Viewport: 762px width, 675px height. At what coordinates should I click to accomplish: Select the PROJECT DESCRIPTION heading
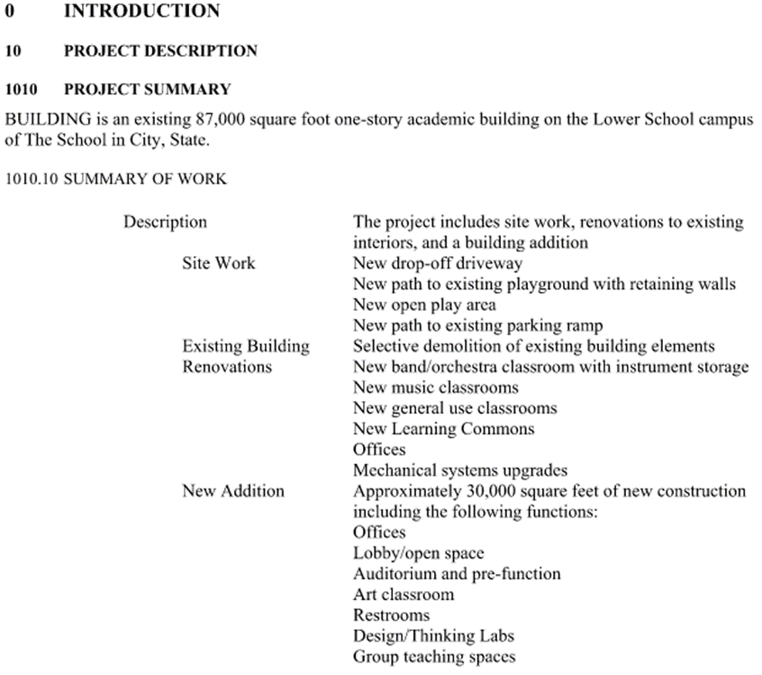click(x=160, y=51)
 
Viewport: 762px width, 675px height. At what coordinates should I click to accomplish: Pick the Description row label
click(x=165, y=222)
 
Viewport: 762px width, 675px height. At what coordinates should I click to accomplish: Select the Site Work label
click(x=218, y=263)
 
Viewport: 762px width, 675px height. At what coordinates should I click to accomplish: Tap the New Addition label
click(x=232, y=491)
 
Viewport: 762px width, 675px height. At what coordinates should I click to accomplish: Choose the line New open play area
click(x=424, y=305)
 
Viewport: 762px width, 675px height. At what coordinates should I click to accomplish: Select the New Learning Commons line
click(x=443, y=429)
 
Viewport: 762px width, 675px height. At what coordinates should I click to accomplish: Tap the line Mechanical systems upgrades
click(x=460, y=470)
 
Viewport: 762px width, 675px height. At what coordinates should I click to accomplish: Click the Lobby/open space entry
click(x=418, y=553)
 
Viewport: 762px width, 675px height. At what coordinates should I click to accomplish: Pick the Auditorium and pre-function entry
click(x=456, y=574)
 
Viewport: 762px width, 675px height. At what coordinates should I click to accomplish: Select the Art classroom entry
click(x=404, y=595)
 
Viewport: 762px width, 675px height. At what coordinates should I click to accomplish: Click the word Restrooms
click(x=392, y=616)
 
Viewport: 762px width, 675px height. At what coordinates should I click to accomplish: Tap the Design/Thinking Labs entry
click(x=433, y=636)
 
